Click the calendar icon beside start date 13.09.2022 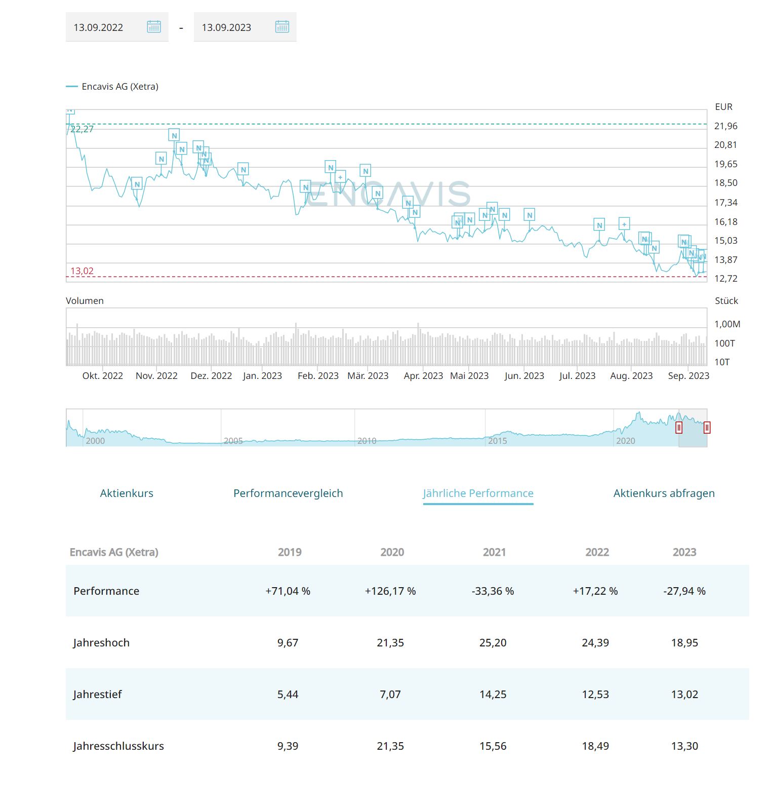click(x=154, y=27)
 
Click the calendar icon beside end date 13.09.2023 click(x=282, y=27)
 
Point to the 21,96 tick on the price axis click(x=725, y=126)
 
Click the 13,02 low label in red click(x=82, y=271)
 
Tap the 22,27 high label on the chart click(x=82, y=129)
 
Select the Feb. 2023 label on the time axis click(x=318, y=376)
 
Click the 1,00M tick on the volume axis click(x=727, y=324)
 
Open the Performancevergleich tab click(x=288, y=493)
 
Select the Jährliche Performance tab click(x=478, y=493)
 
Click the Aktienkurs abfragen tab click(x=664, y=493)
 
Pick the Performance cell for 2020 click(x=390, y=591)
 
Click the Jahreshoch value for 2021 click(x=493, y=643)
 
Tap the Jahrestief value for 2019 click(x=288, y=695)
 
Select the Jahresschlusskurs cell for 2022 click(x=595, y=746)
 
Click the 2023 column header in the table click(x=684, y=552)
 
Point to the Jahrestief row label click(x=97, y=695)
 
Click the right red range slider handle click(x=707, y=428)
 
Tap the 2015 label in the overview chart click(x=497, y=441)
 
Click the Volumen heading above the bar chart click(x=85, y=301)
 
